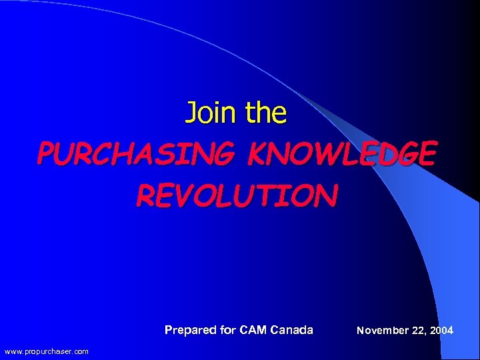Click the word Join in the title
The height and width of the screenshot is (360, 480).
211,113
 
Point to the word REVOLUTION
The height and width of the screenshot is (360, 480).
237,195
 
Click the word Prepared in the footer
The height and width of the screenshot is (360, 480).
191,330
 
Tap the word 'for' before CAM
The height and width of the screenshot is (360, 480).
229,330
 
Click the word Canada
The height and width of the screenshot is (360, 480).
292,330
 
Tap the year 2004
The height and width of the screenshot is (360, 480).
441,330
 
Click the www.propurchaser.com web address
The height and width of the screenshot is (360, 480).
46,351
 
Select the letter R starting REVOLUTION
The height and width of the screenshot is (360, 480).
145,195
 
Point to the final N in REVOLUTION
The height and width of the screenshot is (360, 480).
328,195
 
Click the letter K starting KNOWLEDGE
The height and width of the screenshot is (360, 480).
257,154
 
